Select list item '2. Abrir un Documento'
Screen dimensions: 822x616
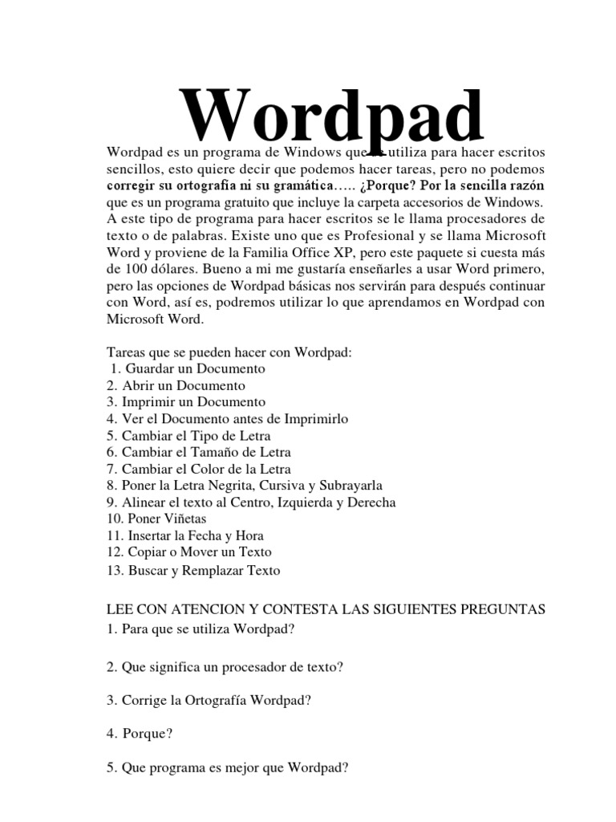[175, 385]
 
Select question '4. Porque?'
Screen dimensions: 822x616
[140, 733]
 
